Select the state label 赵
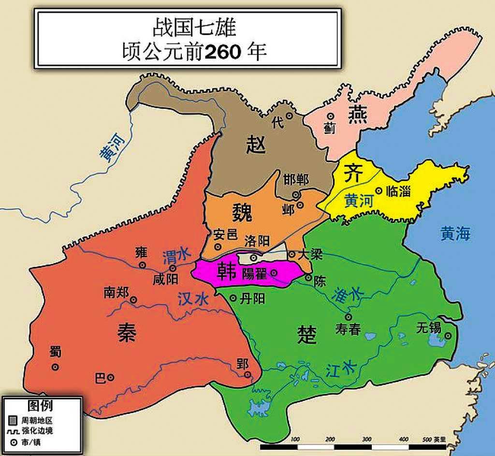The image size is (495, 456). [x=256, y=144]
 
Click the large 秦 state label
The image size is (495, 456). [x=127, y=333]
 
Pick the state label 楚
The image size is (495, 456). [x=307, y=334]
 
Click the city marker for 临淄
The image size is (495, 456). [x=379, y=191]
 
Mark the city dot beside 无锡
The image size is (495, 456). [x=448, y=336]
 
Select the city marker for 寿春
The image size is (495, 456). [x=348, y=316]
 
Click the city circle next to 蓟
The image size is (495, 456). [x=331, y=116]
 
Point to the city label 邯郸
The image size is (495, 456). [x=296, y=180]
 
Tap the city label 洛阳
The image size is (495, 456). [x=257, y=240]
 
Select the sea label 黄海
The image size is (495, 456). [x=455, y=234]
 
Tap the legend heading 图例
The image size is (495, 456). [x=40, y=405]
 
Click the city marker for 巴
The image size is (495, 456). [x=111, y=377]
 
